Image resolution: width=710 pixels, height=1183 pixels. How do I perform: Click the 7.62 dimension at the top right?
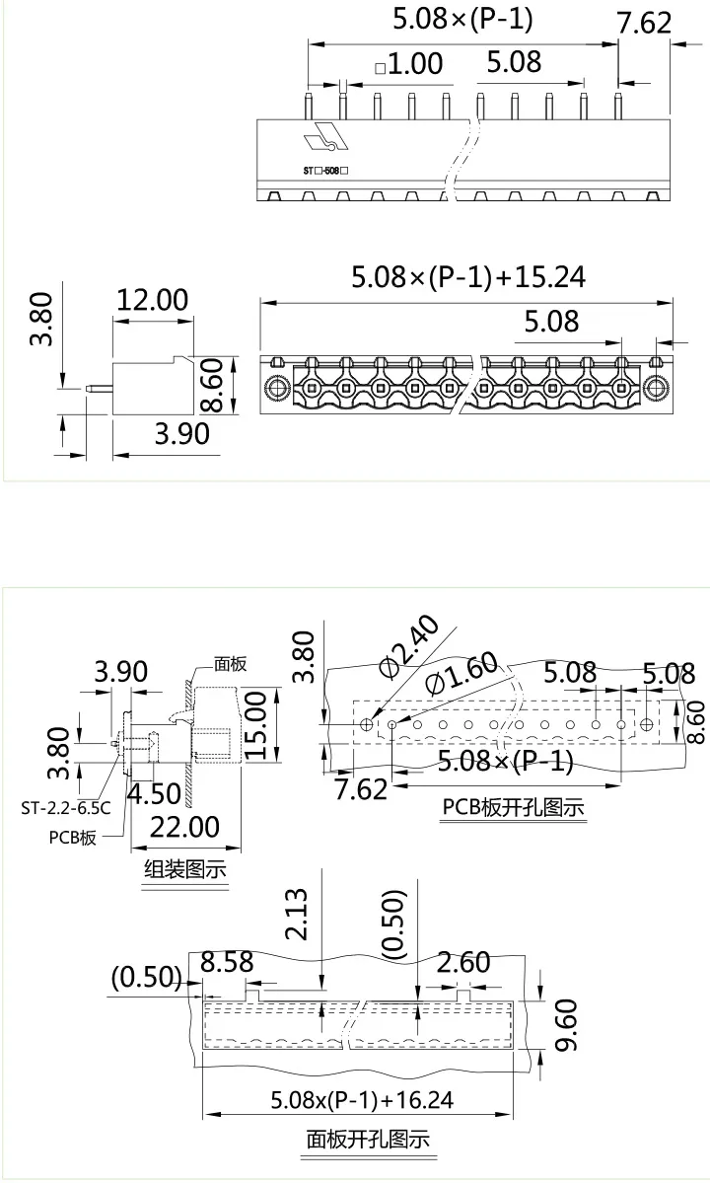[643, 23]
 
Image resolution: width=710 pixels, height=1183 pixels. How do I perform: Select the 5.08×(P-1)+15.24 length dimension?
[468, 277]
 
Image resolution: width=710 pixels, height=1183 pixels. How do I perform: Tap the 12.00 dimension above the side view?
[152, 300]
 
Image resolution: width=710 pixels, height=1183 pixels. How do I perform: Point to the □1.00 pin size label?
[408, 65]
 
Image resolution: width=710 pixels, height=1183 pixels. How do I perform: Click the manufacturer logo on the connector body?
[325, 139]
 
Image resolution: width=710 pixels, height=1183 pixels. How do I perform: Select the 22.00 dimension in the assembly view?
[183, 826]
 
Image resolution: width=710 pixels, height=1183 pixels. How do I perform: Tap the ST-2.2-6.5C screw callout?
[66, 807]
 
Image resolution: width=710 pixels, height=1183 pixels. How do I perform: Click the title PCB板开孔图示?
[513, 807]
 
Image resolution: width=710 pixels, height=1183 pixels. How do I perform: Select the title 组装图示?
[185, 869]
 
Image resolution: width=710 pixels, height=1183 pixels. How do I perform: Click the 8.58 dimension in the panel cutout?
[227, 962]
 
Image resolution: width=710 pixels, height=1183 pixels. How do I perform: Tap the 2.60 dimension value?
[462, 962]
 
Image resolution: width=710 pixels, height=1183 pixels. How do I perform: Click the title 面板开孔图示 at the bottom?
[368, 1141]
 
